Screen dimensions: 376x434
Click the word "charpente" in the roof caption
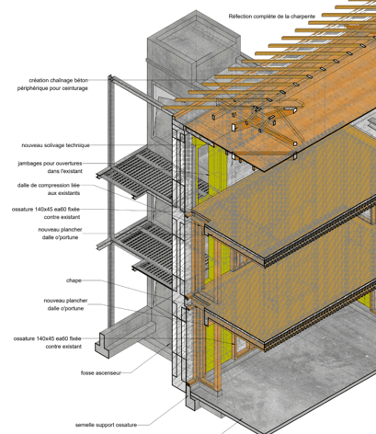click(303, 17)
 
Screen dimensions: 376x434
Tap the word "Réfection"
click(238, 17)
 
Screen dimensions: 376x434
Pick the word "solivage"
click(53, 145)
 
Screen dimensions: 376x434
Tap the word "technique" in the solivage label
click(78, 145)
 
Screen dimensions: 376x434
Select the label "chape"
click(74, 280)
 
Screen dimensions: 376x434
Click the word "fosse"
click(86, 373)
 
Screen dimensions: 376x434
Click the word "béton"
click(82, 80)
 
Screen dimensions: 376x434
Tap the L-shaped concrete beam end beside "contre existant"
click(102, 346)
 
